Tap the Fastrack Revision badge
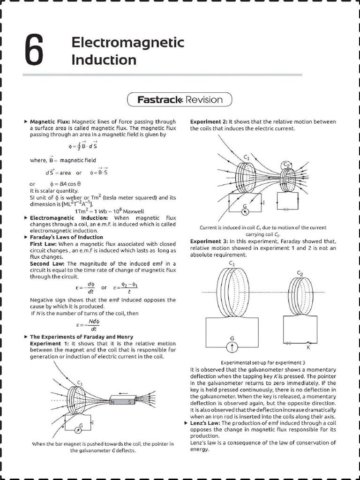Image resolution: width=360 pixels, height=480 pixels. point(180,99)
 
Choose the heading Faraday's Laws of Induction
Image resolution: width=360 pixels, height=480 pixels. point(66,237)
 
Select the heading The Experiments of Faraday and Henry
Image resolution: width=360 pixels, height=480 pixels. point(81,337)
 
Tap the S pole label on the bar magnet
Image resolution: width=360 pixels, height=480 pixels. point(130,402)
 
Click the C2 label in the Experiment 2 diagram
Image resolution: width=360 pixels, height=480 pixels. point(286,165)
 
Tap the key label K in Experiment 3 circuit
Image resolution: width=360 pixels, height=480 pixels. point(308,347)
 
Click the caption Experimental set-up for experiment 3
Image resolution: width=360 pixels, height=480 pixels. point(263,363)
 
